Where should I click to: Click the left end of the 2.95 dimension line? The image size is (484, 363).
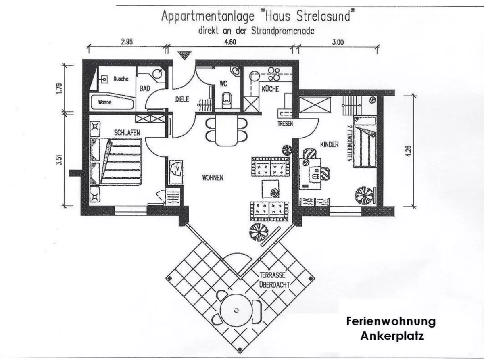click(x=89, y=46)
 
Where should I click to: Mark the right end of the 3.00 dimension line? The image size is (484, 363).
click(x=377, y=46)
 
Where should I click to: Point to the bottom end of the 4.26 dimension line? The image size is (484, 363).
click(x=414, y=207)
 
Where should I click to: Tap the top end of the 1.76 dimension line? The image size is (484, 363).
click(x=65, y=65)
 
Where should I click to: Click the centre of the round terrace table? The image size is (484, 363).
click(x=236, y=310)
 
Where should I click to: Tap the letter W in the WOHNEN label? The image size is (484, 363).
click(x=204, y=177)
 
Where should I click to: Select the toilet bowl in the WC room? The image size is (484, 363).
click(x=226, y=100)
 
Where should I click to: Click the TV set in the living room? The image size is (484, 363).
click(x=176, y=169)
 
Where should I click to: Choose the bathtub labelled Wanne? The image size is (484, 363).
click(x=113, y=102)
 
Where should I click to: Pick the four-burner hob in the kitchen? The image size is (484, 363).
click(x=273, y=74)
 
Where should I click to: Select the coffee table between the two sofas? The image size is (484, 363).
click(x=270, y=189)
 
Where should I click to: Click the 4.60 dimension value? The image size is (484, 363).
click(x=230, y=42)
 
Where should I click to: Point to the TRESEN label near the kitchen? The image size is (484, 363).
click(x=285, y=124)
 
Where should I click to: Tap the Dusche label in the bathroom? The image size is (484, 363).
click(x=121, y=79)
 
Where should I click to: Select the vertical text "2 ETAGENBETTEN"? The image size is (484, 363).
click(x=349, y=143)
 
